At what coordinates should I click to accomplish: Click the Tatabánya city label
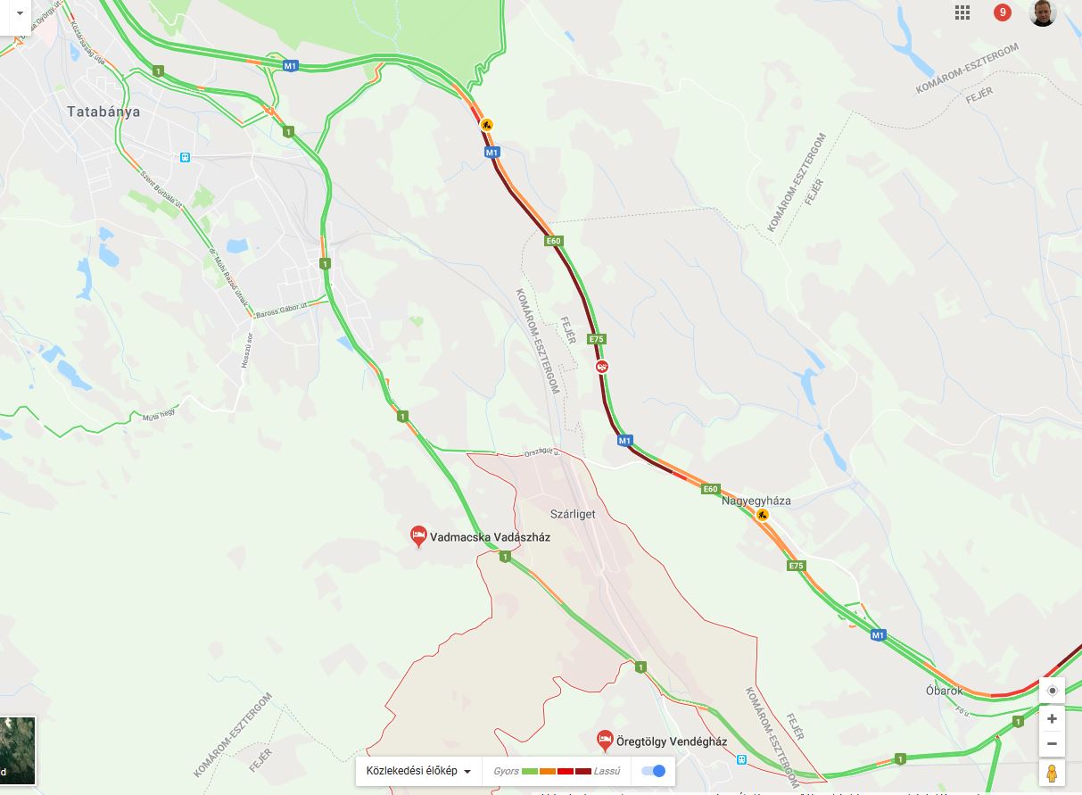point(103,112)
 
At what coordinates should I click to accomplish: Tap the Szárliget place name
point(573,514)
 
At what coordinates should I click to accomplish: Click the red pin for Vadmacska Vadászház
point(418,535)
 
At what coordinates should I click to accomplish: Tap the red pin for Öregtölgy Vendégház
point(605,740)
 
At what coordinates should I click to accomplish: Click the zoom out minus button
point(1053,744)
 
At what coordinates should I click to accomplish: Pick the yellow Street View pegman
point(1053,773)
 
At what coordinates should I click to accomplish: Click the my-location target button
point(1053,691)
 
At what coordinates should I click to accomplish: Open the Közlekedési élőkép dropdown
point(418,771)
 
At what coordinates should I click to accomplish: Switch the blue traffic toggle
point(654,771)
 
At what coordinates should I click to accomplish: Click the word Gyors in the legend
point(506,771)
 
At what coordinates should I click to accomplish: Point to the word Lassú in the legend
point(607,771)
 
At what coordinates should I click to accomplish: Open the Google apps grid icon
point(962,12)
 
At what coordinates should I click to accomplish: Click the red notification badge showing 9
point(1003,12)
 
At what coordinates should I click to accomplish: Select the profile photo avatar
point(1043,12)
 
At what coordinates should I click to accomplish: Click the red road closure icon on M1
point(603,367)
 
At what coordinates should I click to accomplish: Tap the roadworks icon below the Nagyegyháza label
point(762,515)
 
